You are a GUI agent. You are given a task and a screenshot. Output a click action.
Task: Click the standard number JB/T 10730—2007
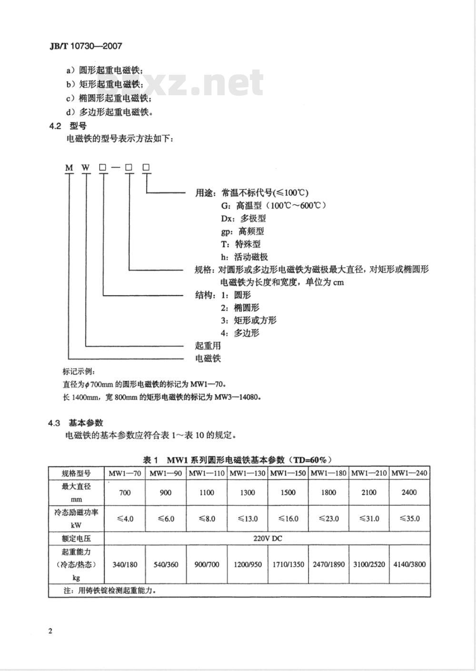[x=86, y=46]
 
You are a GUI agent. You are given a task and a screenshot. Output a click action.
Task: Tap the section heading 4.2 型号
[x=68, y=126]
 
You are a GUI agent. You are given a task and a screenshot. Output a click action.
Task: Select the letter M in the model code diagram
[x=69, y=168]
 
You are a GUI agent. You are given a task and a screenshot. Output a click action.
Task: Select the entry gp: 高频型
[x=242, y=231]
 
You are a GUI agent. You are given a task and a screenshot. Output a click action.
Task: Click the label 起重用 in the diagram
[x=208, y=346]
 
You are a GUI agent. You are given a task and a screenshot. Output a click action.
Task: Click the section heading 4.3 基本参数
[x=76, y=423]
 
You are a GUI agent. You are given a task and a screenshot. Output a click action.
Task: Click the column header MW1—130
[x=248, y=473]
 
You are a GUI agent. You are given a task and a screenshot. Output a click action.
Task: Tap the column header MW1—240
[x=409, y=473]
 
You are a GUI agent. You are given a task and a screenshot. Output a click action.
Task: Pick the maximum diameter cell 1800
[x=328, y=492]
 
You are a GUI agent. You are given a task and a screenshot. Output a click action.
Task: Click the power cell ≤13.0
[x=248, y=519]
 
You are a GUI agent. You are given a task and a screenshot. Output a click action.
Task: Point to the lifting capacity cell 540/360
[x=166, y=565]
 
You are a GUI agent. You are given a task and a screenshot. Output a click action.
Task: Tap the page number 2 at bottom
[x=50, y=631]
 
